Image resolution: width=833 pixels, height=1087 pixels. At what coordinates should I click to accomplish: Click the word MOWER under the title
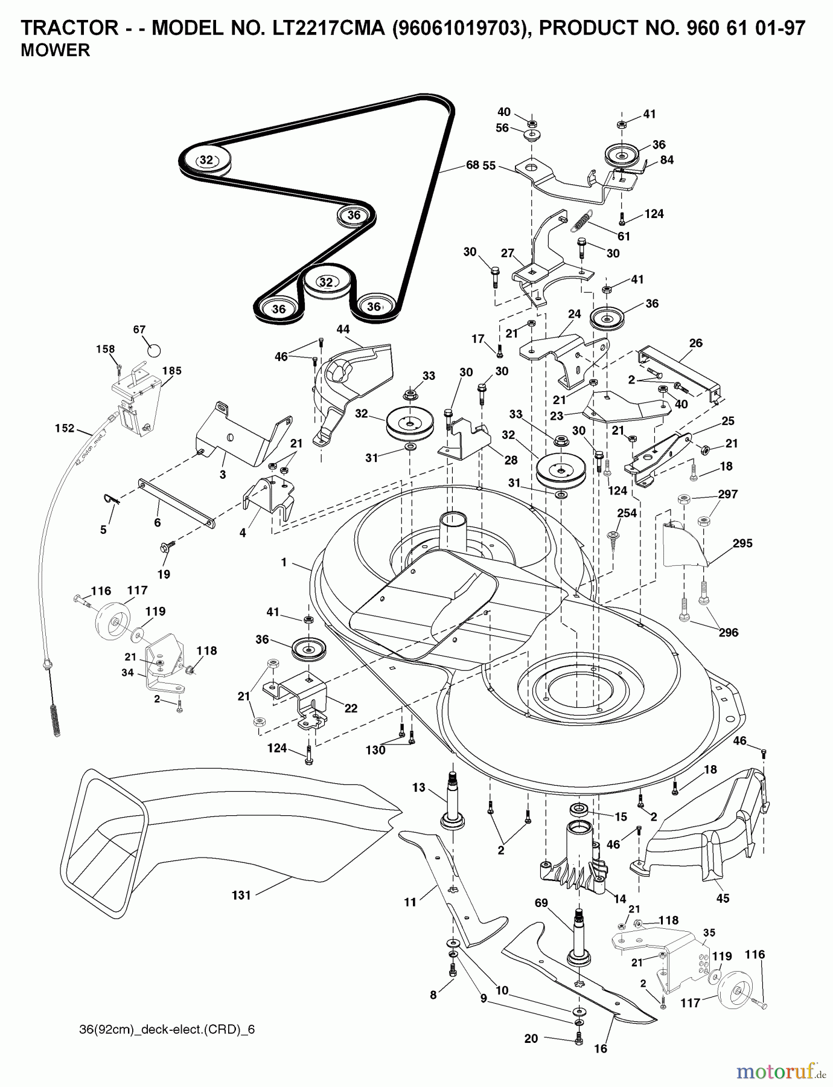pyautogui.click(x=55, y=51)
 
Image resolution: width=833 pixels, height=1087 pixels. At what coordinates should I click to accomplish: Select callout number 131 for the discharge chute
pyautogui.click(x=241, y=895)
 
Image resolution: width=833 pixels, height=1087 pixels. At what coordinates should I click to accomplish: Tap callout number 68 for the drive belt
pyautogui.click(x=472, y=164)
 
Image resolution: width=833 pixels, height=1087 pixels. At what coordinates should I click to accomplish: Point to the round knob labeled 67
pyautogui.click(x=155, y=350)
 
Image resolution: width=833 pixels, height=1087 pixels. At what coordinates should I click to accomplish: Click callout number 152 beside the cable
pyautogui.click(x=64, y=428)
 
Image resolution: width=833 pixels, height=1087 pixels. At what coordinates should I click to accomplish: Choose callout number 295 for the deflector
pyautogui.click(x=742, y=543)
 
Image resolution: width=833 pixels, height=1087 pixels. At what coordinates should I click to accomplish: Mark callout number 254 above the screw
pyautogui.click(x=627, y=513)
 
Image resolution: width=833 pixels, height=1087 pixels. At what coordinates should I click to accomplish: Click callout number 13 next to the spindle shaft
pyautogui.click(x=419, y=787)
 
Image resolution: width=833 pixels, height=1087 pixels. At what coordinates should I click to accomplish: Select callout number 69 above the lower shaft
pyautogui.click(x=541, y=903)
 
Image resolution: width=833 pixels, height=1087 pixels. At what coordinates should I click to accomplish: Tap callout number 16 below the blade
pyautogui.click(x=600, y=1048)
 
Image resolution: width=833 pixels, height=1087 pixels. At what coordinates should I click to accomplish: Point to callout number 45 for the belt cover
pyautogui.click(x=723, y=898)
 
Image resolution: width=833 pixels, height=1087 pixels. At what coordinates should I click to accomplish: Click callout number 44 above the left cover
pyautogui.click(x=343, y=329)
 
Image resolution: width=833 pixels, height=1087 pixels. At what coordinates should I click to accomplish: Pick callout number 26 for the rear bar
pyautogui.click(x=695, y=343)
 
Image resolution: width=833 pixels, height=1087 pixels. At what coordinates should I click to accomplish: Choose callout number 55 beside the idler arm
pyautogui.click(x=489, y=165)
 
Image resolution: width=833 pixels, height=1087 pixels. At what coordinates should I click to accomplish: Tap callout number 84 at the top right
pyautogui.click(x=666, y=160)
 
